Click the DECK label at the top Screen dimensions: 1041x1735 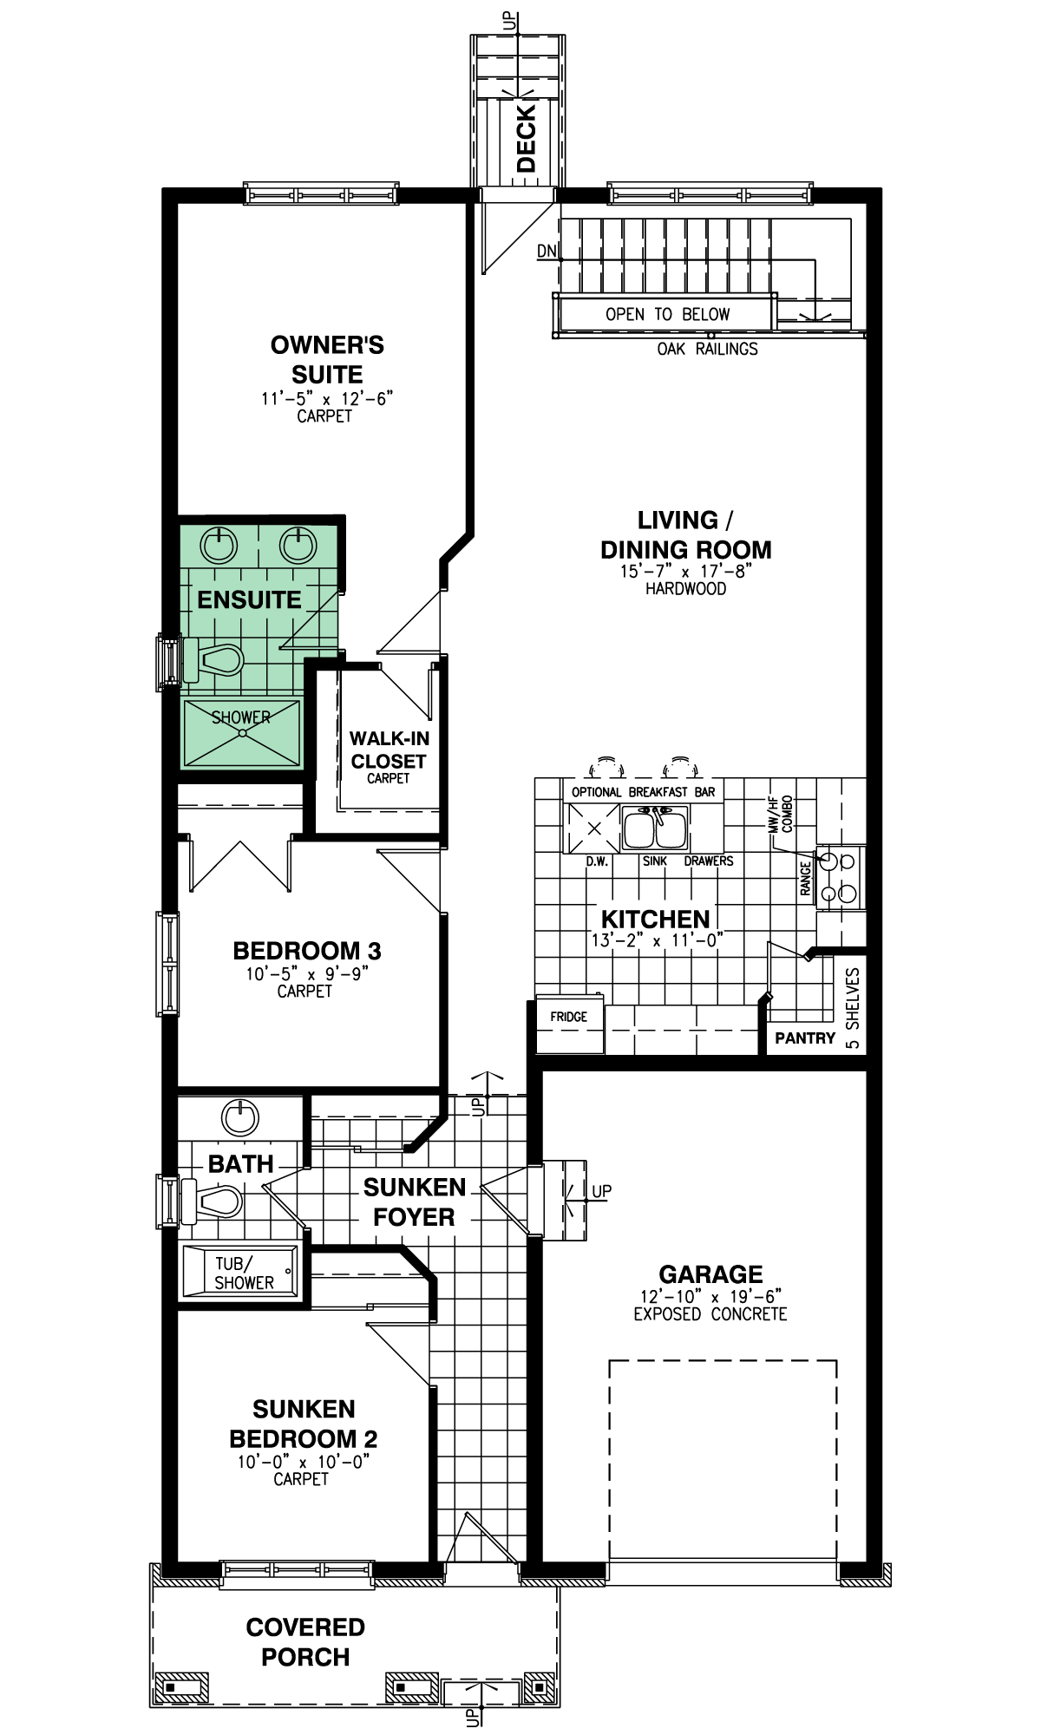click(x=527, y=139)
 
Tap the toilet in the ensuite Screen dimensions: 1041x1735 click(x=213, y=660)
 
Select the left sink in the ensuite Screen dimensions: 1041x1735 click(x=219, y=545)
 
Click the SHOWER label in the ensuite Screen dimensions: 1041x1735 click(x=241, y=717)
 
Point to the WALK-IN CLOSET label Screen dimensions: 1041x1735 click(x=389, y=750)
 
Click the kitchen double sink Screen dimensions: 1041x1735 click(x=655, y=828)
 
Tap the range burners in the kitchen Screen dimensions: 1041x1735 click(x=838, y=877)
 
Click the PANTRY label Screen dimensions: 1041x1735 click(x=805, y=1038)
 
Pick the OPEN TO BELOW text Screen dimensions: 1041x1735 click(x=667, y=314)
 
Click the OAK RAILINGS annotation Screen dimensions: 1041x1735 click(x=707, y=349)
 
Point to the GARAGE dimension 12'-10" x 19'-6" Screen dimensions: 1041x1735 click(x=710, y=1296)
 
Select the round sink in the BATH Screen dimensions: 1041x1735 click(x=240, y=1117)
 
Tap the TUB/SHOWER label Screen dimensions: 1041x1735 click(x=244, y=1273)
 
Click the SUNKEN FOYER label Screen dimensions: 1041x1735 click(x=415, y=1201)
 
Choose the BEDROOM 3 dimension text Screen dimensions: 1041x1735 click(x=307, y=973)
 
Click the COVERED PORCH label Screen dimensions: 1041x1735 click(x=305, y=1642)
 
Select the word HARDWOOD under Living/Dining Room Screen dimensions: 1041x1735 click(x=685, y=588)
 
